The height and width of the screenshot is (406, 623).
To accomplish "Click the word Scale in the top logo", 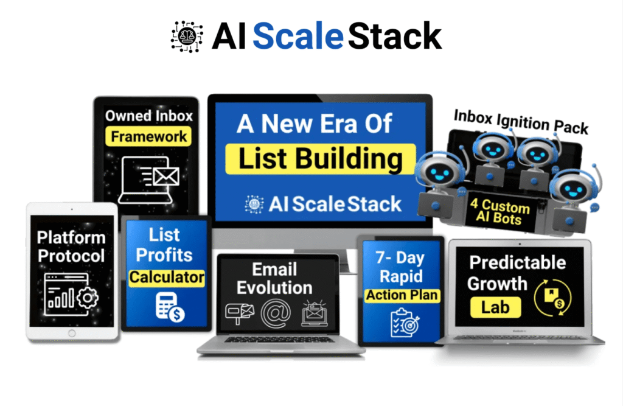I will coord(298,37).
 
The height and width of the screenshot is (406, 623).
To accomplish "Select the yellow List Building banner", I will coord(320,159).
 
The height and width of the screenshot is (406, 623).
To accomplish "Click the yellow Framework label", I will coord(149,136).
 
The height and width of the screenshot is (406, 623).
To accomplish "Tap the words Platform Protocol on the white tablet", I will coord(71,246).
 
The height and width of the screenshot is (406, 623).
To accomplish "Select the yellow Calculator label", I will coord(166,278).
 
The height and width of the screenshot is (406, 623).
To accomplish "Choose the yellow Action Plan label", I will coord(402,296).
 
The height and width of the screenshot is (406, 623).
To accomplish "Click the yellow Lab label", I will coord(494,307).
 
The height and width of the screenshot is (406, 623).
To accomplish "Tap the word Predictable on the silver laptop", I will coord(517,262).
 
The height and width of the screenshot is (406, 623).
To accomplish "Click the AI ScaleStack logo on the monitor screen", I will coord(322,204).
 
